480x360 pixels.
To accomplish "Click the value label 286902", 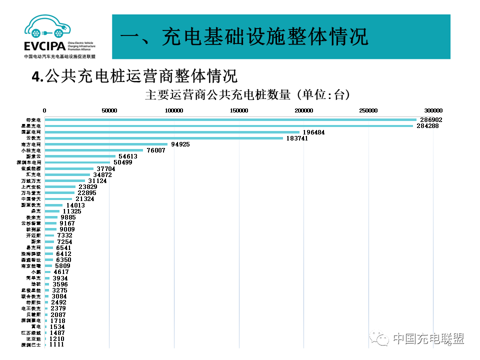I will [x=430, y=120].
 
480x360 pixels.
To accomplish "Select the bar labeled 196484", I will [x=172, y=132].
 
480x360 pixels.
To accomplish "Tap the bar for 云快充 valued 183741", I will [x=164, y=138].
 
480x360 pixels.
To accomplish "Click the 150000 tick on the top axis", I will [x=239, y=110].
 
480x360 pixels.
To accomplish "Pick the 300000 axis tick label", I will [x=433, y=110].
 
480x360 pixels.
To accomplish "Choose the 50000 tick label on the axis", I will [x=109, y=110].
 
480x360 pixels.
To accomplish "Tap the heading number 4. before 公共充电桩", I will [x=37, y=76].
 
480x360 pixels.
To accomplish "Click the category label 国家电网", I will [x=33, y=132].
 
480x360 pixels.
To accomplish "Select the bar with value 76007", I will [x=94, y=150].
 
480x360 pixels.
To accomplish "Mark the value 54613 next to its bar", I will [x=127, y=156].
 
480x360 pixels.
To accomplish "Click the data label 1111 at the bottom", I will [x=57, y=344].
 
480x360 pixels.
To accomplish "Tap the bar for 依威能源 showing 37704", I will [x=69, y=168].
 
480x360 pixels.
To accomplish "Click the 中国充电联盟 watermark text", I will [x=428, y=338].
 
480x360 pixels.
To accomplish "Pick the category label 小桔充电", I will [x=33, y=150].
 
